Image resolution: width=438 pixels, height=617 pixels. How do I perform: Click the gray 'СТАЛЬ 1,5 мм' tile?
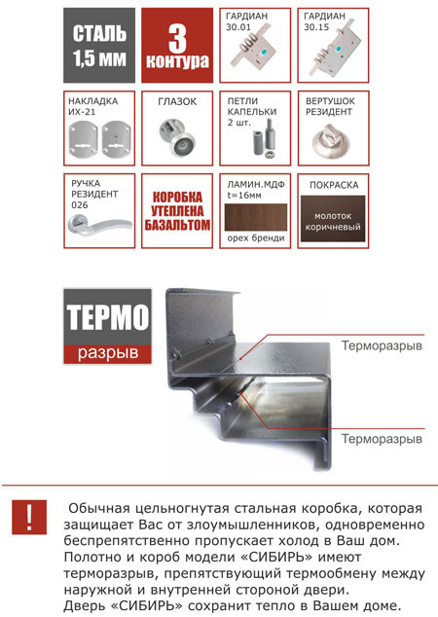[x=99, y=45]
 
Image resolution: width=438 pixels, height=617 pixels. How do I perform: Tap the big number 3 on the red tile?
[x=177, y=39]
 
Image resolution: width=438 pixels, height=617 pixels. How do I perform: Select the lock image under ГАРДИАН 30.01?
[x=253, y=51]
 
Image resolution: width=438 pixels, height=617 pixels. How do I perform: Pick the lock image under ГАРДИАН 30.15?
[x=332, y=51]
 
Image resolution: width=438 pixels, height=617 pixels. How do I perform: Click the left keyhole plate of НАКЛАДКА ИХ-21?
[x=83, y=139]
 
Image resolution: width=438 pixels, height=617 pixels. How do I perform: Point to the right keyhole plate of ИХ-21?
[x=117, y=139]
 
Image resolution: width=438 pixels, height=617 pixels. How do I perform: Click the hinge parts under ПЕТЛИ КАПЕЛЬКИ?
[x=264, y=138]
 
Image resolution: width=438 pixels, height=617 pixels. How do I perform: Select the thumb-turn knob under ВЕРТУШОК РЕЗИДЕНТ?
[x=332, y=141]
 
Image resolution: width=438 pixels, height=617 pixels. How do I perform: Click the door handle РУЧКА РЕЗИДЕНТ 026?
[x=100, y=226]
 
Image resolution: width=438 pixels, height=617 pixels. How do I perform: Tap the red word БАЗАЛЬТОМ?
[x=177, y=225]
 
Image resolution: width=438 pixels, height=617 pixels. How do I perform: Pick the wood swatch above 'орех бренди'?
[x=256, y=217]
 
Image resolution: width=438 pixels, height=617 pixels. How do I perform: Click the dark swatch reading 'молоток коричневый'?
[x=333, y=219]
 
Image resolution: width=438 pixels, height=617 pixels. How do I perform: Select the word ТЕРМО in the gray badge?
[x=107, y=316]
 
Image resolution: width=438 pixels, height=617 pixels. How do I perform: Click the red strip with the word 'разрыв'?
[x=107, y=354]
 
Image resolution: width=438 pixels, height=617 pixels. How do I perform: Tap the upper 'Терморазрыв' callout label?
[x=382, y=345]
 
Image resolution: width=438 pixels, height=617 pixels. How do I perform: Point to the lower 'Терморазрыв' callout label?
[x=382, y=439]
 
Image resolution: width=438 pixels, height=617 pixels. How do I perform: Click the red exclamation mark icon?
[x=29, y=517]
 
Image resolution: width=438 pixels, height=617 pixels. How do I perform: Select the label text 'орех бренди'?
[x=256, y=238]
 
